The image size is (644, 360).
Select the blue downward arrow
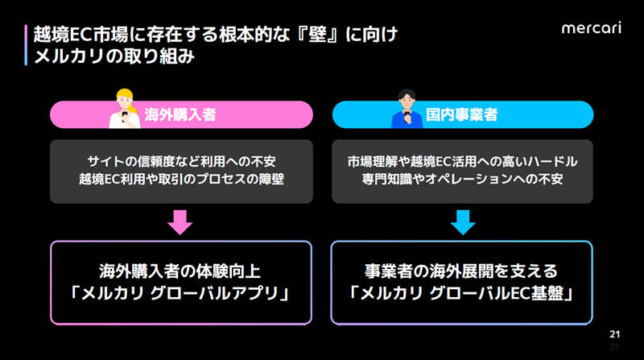462,221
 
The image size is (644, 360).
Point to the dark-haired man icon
406,110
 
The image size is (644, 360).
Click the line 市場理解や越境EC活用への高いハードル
462,161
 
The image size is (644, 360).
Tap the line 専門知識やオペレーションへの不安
462,179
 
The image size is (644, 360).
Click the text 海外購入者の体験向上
181,270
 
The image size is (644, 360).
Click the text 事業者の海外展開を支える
462,270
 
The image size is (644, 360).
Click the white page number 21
614,334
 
